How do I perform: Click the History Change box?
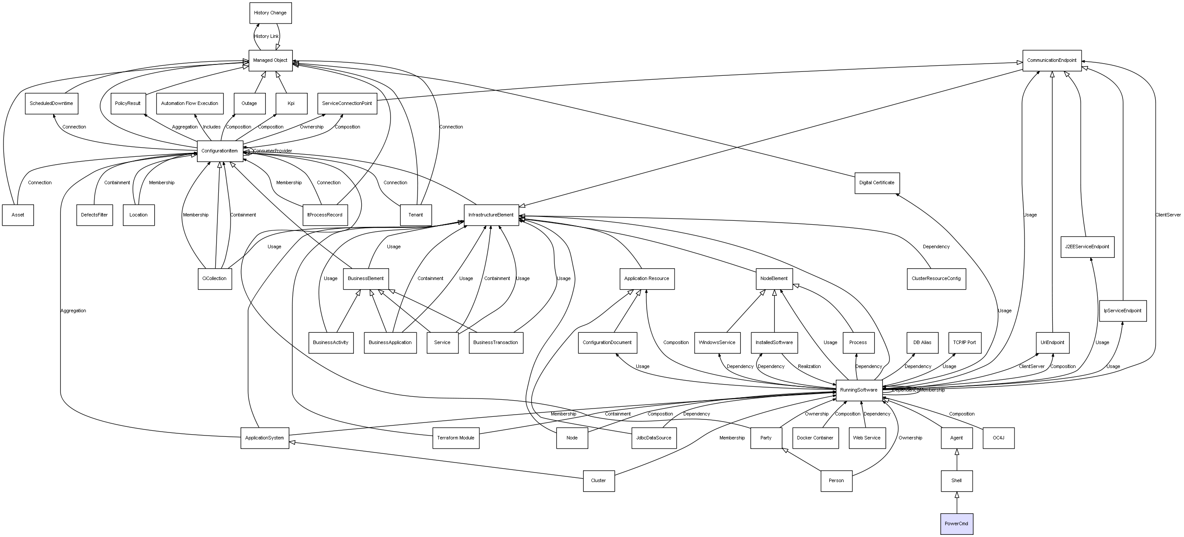(x=270, y=13)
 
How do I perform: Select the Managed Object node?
(x=270, y=61)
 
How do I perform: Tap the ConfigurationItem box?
(x=220, y=151)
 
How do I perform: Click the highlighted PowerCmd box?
(x=957, y=523)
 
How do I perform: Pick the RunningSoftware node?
(x=858, y=390)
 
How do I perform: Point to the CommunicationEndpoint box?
(x=1052, y=61)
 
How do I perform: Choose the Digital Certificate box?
(x=876, y=183)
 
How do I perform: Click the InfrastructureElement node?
(x=491, y=215)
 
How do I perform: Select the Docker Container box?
(x=815, y=438)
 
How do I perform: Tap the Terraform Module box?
(x=455, y=438)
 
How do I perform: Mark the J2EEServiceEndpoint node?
(x=1087, y=247)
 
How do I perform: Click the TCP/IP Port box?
(x=964, y=343)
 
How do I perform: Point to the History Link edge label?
(x=266, y=36)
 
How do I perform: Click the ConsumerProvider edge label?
(x=272, y=151)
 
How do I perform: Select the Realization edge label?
(x=809, y=367)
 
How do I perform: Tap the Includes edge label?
(x=211, y=127)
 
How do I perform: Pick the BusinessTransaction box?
(x=495, y=343)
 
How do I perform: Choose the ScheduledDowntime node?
(x=51, y=104)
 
